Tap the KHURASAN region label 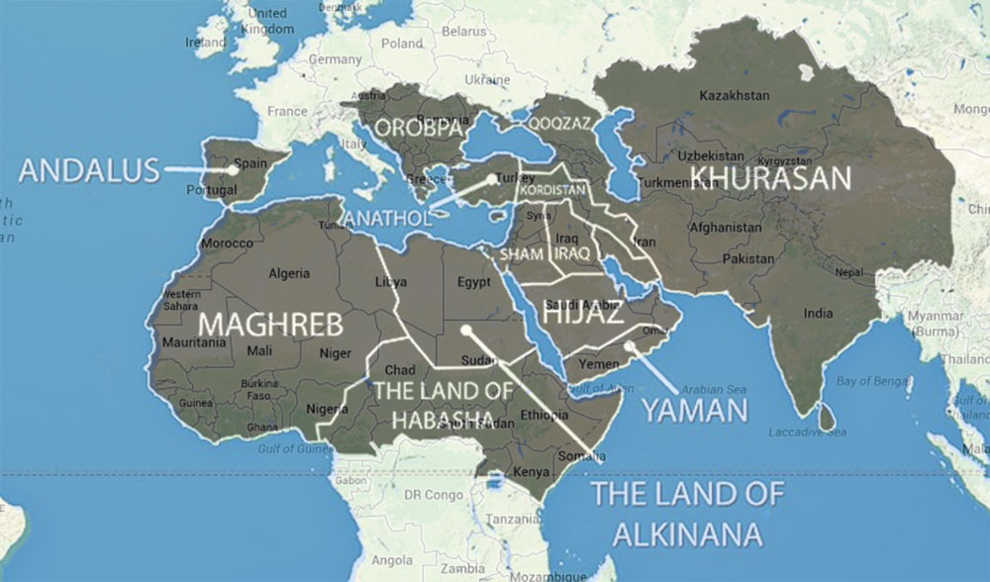click(770, 177)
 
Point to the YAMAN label click(694, 410)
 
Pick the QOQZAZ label click(557, 125)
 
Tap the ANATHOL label click(386, 217)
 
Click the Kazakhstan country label click(734, 95)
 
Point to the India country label click(817, 313)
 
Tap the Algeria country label click(290, 273)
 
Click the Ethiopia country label click(543, 415)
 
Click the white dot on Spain click(232, 169)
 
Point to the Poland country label click(402, 44)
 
